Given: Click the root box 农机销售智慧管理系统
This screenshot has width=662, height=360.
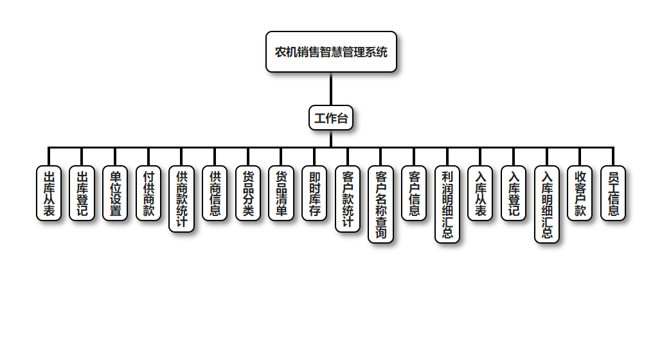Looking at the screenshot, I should click(331, 51).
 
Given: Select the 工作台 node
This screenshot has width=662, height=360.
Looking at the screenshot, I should click(331, 118).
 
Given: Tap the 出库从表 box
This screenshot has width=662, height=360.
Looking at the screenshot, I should click(49, 193).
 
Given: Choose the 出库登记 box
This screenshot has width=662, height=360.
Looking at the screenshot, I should click(82, 193).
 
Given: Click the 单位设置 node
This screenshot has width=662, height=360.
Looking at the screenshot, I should click(115, 193).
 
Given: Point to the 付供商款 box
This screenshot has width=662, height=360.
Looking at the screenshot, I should click(148, 193).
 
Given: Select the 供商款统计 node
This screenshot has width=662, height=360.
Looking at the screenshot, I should click(182, 199).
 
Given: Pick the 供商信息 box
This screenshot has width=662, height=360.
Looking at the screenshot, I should click(215, 193).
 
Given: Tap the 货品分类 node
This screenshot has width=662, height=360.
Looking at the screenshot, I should click(248, 193).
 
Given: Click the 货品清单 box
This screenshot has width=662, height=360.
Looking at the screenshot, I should click(282, 193).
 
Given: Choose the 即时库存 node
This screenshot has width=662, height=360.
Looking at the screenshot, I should click(314, 193).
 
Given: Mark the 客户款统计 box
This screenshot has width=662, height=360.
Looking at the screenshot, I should click(348, 199).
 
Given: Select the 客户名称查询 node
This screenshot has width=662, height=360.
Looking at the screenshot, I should click(381, 204).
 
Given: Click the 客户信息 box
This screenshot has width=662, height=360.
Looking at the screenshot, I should click(414, 193).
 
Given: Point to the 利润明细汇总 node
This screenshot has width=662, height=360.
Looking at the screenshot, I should click(447, 204).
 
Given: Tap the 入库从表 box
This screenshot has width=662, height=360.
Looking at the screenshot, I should click(481, 193).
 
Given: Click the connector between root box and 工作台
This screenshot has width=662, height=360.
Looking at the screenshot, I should click(331, 89).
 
